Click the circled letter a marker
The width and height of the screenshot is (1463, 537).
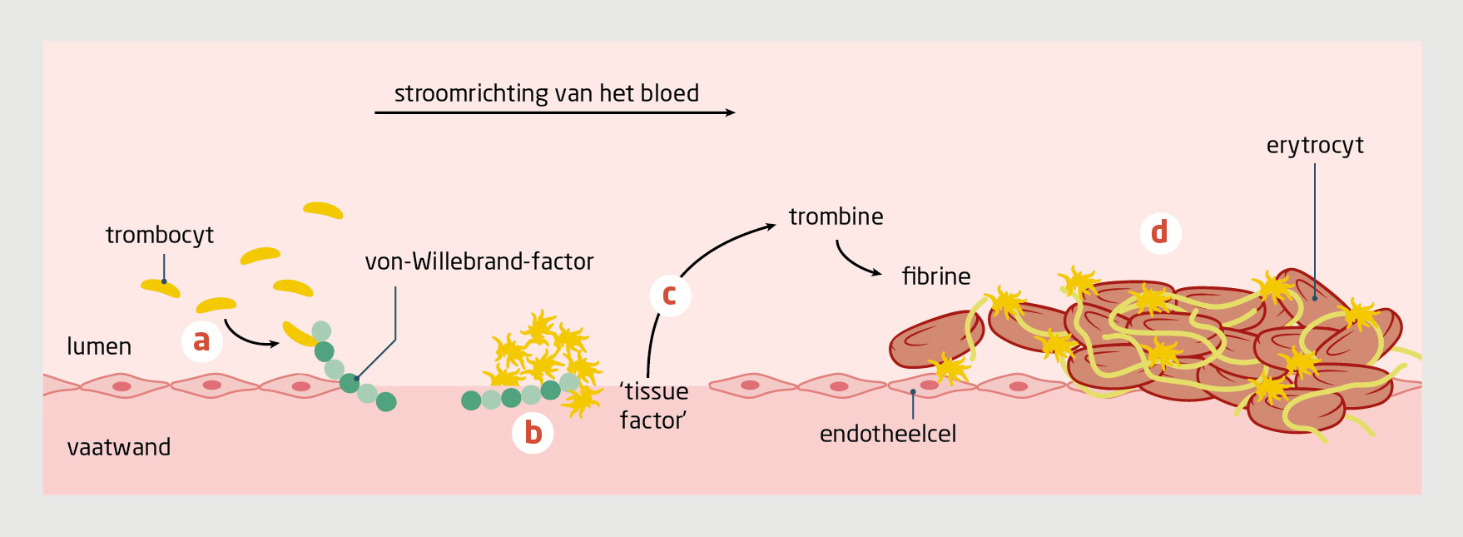(201, 341)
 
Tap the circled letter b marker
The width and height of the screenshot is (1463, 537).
(533, 433)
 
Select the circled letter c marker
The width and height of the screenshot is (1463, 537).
(669, 295)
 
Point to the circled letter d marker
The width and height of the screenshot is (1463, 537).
(1159, 232)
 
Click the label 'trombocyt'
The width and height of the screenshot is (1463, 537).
(159, 236)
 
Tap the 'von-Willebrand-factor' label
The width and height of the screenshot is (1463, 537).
(479, 261)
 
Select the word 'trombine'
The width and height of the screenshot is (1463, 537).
(836, 216)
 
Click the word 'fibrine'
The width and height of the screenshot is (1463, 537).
(936, 276)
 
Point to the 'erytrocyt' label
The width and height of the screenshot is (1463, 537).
(1315, 146)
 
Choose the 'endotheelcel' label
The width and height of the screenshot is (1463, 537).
(888, 434)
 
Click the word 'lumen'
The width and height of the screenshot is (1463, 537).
(99, 346)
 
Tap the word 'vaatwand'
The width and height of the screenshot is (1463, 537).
(118, 447)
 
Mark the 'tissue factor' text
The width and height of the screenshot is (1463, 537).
(654, 405)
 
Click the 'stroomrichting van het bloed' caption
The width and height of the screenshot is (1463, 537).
(546, 93)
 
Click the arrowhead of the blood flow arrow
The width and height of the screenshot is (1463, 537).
(731, 112)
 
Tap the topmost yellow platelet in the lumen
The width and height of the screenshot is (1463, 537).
(323, 210)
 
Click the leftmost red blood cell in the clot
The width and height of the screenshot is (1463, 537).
(935, 339)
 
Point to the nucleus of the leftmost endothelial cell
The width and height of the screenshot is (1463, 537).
(122, 386)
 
